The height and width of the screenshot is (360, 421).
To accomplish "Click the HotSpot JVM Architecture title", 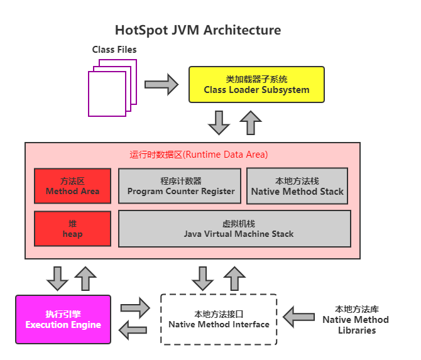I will (x=197, y=30).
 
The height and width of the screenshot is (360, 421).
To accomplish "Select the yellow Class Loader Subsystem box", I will (x=256, y=84).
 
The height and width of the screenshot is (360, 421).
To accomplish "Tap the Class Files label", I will (x=114, y=49).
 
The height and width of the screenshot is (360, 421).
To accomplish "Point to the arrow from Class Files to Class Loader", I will (x=161, y=84).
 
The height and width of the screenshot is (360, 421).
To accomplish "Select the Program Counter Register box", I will (x=180, y=186).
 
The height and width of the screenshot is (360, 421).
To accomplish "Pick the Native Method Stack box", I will (x=297, y=186).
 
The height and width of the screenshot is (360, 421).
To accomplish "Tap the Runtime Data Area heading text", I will (x=199, y=155).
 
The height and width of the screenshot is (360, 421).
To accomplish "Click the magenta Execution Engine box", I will (x=63, y=319).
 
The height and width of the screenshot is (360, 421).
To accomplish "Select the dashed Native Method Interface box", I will (x=219, y=319).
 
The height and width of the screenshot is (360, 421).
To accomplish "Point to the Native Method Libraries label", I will (x=355, y=319).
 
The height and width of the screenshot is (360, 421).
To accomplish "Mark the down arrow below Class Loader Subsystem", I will (x=219, y=123).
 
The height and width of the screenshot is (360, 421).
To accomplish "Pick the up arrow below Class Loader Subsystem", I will (x=251, y=123).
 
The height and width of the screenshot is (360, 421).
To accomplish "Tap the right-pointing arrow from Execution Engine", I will (x=134, y=308).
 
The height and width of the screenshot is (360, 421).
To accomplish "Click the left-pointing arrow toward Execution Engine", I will (x=134, y=330).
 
